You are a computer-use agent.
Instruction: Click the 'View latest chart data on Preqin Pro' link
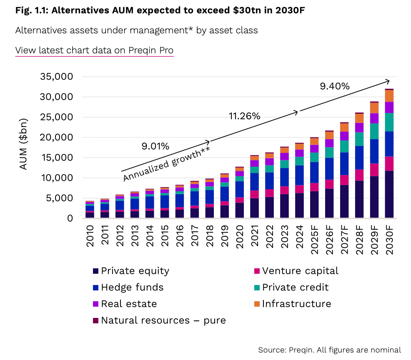click(94, 50)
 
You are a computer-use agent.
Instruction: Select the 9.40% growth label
click(334, 86)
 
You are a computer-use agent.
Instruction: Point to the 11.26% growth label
click(244, 116)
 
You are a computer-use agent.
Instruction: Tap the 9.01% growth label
click(155, 146)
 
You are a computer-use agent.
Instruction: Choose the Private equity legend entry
click(131, 271)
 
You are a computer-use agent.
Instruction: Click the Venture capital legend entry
click(296, 271)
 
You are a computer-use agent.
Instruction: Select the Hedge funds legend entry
click(128, 287)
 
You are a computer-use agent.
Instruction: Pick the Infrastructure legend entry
click(292, 304)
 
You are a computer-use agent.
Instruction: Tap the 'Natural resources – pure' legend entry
click(159, 320)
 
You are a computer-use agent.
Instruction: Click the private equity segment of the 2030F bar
click(389, 194)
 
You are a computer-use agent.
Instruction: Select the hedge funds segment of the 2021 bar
click(255, 182)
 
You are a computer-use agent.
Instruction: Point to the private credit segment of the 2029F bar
click(374, 131)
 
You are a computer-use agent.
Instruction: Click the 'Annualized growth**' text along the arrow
click(166, 162)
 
